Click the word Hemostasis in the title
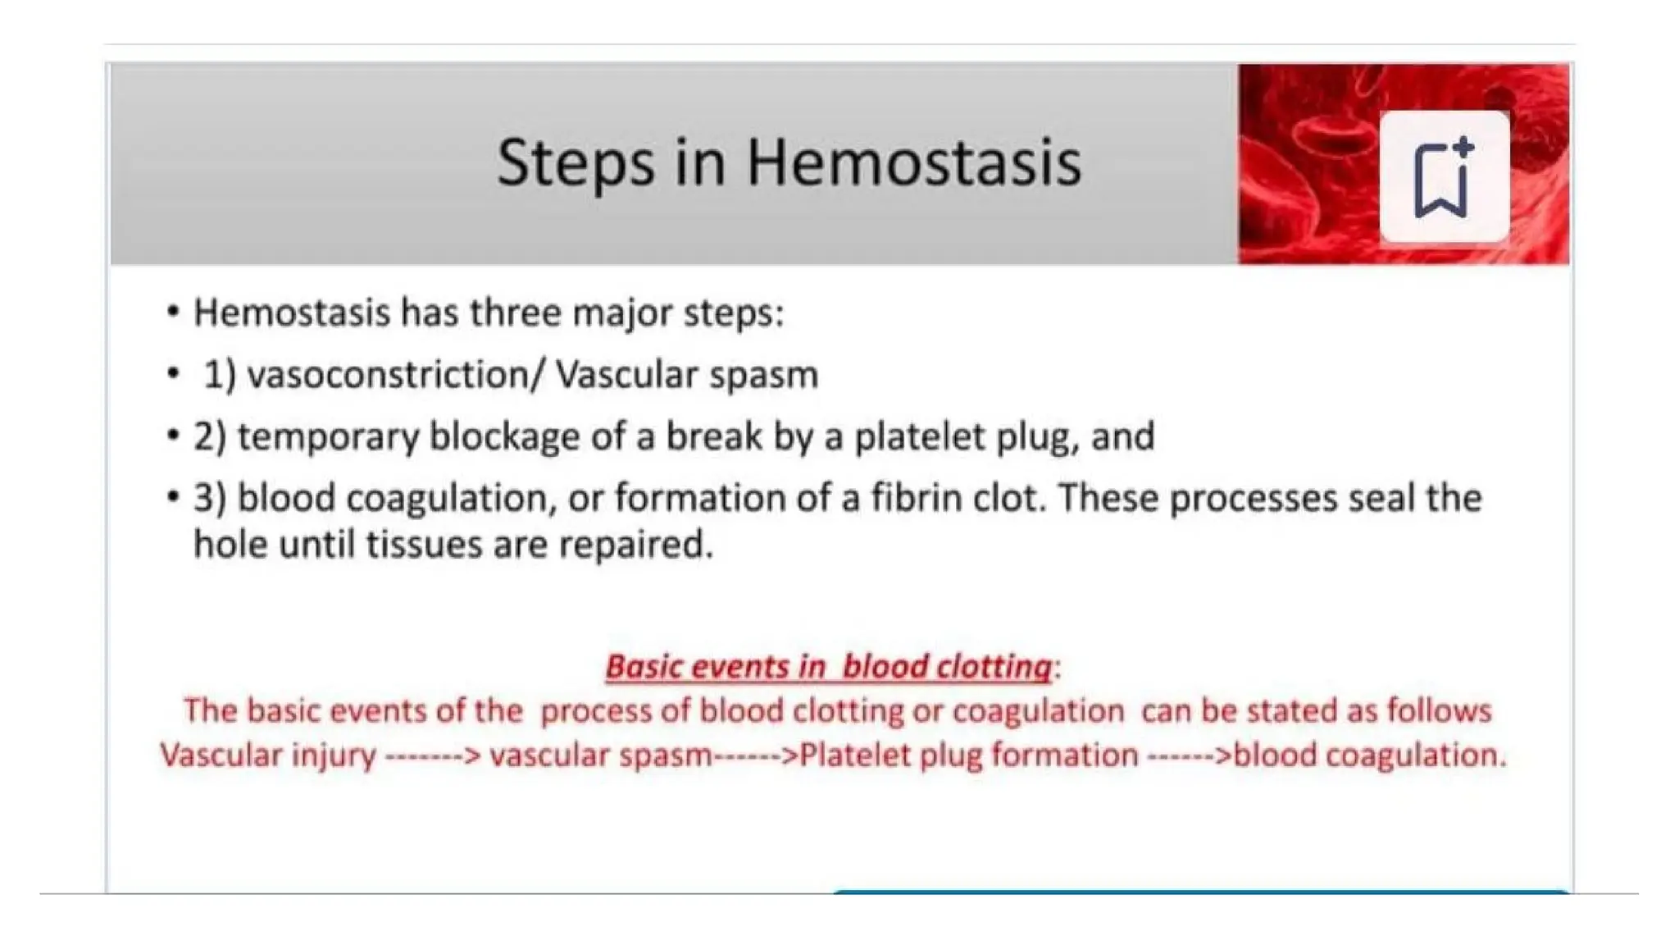tap(913, 162)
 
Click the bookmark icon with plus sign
tap(1444, 177)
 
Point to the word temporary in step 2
tap(328, 437)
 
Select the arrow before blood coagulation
tap(1189, 756)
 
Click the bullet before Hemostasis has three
tap(172, 313)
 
